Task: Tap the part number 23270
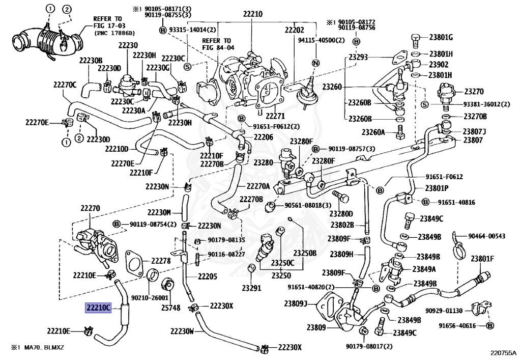coord(474,92)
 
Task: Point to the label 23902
coord(439,65)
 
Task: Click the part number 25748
coord(171,308)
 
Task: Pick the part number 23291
coord(251,288)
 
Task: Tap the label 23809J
coord(296,304)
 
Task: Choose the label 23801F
coord(482,258)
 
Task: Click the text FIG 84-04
coord(217,48)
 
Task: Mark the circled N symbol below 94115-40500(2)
coord(315,63)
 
